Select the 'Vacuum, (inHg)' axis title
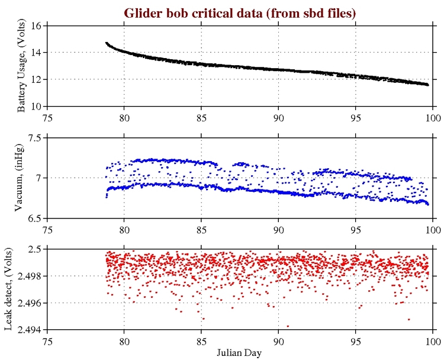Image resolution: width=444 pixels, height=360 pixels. (x=21, y=178)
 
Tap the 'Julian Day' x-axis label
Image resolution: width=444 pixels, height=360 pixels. (x=240, y=352)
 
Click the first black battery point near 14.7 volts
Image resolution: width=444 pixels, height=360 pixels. (x=107, y=43)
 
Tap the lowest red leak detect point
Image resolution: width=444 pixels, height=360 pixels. (x=288, y=326)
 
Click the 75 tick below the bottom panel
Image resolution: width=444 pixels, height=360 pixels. (x=47, y=340)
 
